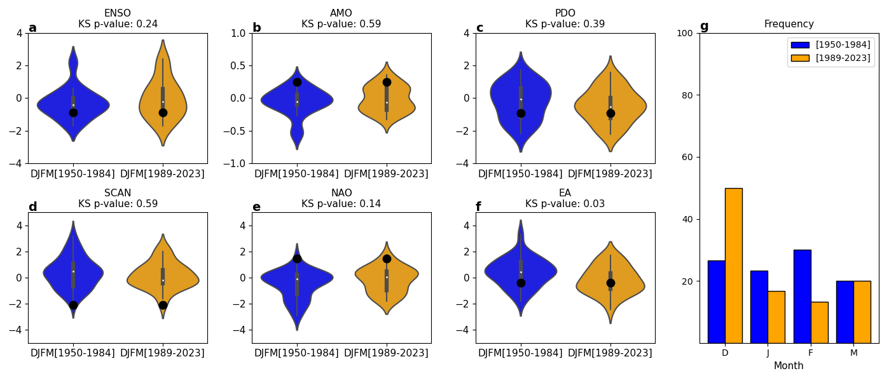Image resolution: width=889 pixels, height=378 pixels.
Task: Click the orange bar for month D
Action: coord(733,266)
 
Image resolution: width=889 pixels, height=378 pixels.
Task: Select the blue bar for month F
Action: coord(802,296)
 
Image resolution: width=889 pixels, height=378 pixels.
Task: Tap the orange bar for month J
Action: coord(776,317)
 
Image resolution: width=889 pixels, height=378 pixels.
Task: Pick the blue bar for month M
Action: coord(844,312)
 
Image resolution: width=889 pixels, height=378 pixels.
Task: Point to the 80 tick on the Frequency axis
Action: coord(688,95)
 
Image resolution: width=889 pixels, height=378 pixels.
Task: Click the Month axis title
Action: coord(789,366)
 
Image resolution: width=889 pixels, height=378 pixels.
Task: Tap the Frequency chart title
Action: coord(789,24)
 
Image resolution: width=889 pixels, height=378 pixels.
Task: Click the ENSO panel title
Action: coord(118,13)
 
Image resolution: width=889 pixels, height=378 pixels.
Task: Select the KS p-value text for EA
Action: coord(565,204)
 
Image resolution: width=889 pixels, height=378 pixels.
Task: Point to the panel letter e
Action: coord(256,207)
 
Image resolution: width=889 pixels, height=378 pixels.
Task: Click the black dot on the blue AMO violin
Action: coord(297,82)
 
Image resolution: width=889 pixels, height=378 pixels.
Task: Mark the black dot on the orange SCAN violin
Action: coord(163,305)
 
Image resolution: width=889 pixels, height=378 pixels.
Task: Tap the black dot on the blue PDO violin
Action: coord(521,113)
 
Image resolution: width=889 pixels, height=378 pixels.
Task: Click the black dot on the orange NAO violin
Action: coord(387,259)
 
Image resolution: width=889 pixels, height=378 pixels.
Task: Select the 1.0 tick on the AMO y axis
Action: coord(238,33)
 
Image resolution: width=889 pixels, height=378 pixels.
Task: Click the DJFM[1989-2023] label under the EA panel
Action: coord(610,353)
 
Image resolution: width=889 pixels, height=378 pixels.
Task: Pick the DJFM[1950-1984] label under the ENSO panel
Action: coord(73,174)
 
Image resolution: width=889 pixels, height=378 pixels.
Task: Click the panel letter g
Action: coord(704,26)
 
